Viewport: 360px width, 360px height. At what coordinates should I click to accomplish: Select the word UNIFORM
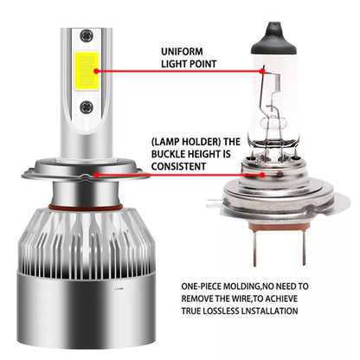click(183, 51)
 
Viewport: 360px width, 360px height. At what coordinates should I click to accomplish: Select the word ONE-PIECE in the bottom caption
click(205, 284)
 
